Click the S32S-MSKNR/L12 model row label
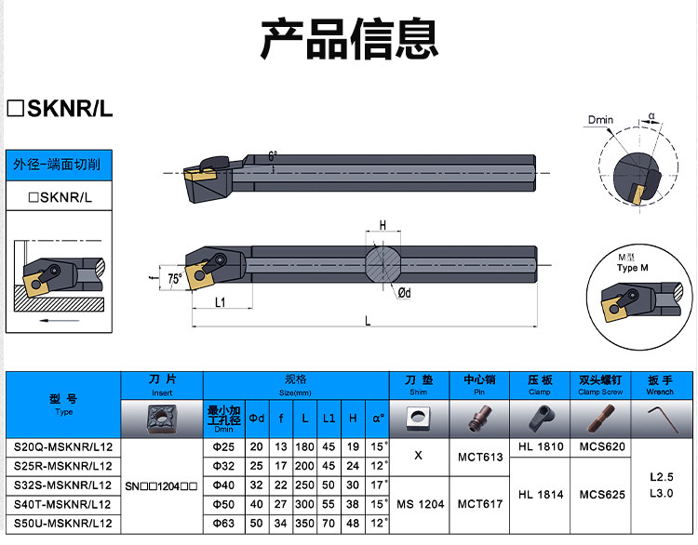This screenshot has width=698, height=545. pyautogui.click(x=62, y=485)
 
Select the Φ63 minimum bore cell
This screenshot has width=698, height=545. pyautogui.click(x=224, y=524)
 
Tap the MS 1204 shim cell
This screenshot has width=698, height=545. pyautogui.click(x=421, y=504)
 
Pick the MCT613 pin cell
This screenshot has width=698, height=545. pyautogui.click(x=480, y=457)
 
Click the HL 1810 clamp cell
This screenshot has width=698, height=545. pyautogui.click(x=541, y=446)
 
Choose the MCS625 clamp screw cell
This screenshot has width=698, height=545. pyautogui.click(x=602, y=494)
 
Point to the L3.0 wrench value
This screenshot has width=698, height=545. pyautogui.click(x=661, y=493)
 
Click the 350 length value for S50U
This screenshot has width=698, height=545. pyautogui.click(x=304, y=524)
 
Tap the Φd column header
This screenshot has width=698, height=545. pyautogui.click(x=257, y=419)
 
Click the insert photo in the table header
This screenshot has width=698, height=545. pyautogui.click(x=162, y=419)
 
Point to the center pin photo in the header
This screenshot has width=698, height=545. pyautogui.click(x=479, y=418)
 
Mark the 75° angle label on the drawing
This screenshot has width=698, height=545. pyautogui.click(x=175, y=278)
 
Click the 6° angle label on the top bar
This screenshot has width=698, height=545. pyautogui.click(x=273, y=156)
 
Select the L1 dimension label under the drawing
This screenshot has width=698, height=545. pyautogui.click(x=221, y=302)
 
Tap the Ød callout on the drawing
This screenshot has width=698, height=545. pyautogui.click(x=404, y=293)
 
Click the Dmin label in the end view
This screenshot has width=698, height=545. pyautogui.click(x=600, y=120)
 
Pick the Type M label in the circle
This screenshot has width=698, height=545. pyautogui.click(x=632, y=268)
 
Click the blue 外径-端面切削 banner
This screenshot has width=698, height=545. pyautogui.click(x=59, y=165)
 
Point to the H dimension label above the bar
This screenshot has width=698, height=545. pyautogui.click(x=383, y=226)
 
